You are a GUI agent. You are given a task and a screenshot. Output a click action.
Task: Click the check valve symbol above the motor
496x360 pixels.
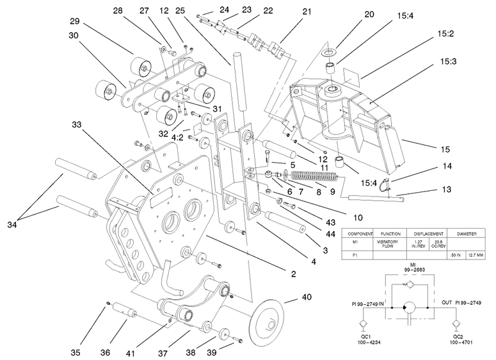tap(411, 282)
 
